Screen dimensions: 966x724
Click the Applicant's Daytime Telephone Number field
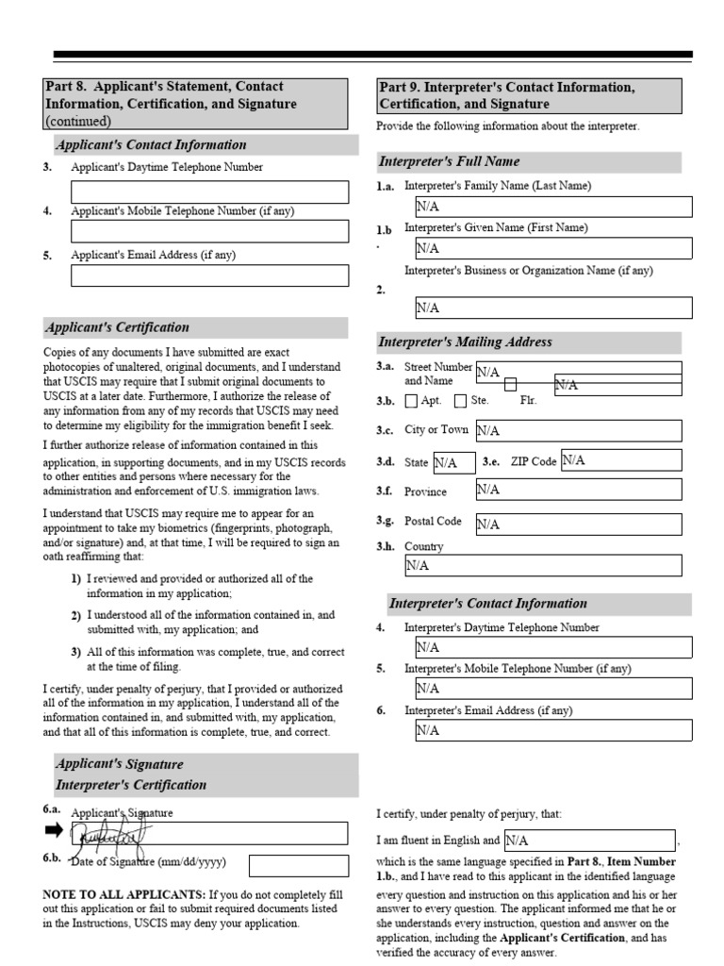(x=209, y=192)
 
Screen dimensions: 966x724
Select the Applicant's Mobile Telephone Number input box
(x=209, y=232)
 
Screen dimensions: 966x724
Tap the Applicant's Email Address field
(x=209, y=275)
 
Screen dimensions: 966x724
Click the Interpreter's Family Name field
(x=552, y=207)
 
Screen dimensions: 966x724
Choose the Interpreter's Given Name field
(x=552, y=248)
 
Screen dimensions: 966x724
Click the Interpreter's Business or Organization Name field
(x=552, y=308)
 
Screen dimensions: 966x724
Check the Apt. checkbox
(x=411, y=401)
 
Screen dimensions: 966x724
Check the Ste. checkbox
(x=460, y=401)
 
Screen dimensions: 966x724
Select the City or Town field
(x=577, y=430)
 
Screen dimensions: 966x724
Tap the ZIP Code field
(x=620, y=460)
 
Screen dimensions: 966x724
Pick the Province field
(x=577, y=490)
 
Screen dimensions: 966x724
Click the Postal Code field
(x=577, y=525)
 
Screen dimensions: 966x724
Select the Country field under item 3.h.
(x=542, y=565)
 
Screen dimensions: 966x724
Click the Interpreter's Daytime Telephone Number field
(x=552, y=647)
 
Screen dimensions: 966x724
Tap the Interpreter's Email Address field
(x=552, y=730)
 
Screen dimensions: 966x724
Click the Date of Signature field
(x=298, y=865)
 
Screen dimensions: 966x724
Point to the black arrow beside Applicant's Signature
(x=53, y=830)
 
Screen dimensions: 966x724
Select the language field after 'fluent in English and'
(x=589, y=840)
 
